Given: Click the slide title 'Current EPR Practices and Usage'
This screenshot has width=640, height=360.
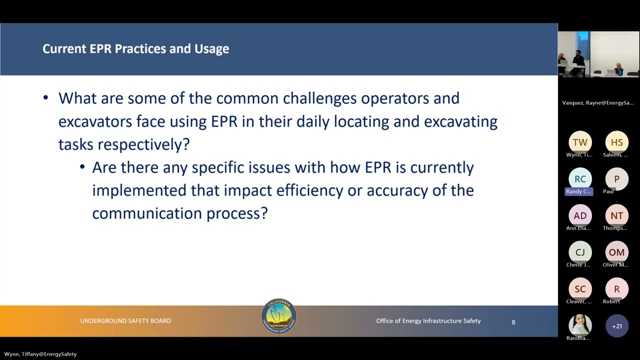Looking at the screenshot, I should pos(135,48).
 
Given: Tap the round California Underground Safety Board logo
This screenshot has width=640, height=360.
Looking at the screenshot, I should pos(279,316).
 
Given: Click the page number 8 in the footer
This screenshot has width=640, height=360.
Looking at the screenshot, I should pos(513,322).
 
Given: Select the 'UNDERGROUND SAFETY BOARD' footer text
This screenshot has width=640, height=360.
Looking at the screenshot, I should pos(125,321).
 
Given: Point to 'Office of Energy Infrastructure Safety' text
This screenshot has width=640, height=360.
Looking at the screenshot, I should pos(428,321).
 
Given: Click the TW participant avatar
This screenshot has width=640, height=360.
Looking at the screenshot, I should pos(580,142).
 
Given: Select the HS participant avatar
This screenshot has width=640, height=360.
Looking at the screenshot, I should pos(616,142).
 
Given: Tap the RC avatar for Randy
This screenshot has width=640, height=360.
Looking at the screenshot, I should pos(580,179).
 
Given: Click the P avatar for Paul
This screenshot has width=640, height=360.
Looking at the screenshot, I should pos(616,179).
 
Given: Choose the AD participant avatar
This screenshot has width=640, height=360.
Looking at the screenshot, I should pos(580,215).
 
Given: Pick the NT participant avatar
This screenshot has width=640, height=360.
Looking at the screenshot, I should pos(616,215).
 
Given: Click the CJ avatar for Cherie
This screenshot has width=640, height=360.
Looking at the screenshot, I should pos(580,252).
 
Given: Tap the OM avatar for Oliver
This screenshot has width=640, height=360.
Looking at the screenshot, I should pos(616,252).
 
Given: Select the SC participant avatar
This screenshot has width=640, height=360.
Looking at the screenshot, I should pos(580,289).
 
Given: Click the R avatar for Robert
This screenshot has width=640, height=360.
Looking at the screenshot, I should pos(616,289).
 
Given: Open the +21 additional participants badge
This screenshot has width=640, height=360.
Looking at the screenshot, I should pos(616,326).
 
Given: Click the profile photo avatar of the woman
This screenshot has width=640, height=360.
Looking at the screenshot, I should pos(580,325).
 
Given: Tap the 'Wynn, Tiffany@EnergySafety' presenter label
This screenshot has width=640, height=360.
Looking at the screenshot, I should pos(40,354).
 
